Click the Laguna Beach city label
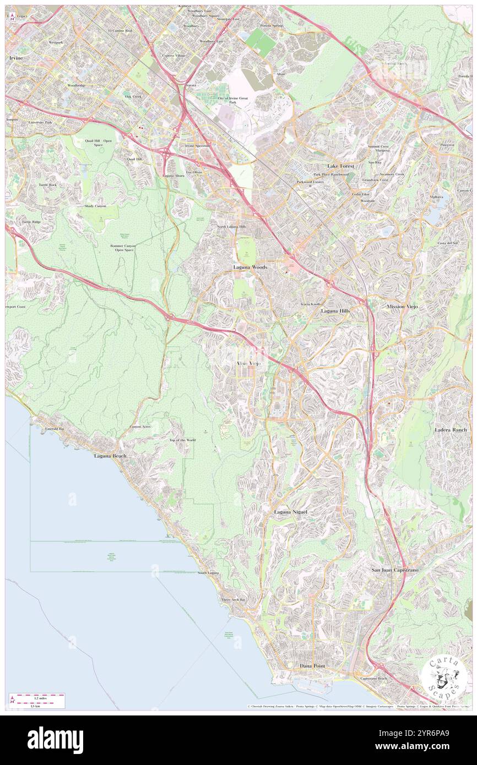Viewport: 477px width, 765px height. click(x=110, y=456)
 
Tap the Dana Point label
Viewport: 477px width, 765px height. click(x=312, y=666)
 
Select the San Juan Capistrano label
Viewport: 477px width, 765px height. click(x=394, y=570)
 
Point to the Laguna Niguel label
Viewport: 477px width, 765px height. click(x=291, y=512)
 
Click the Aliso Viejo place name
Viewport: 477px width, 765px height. click(x=248, y=364)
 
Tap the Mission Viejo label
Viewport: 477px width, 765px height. click(x=403, y=306)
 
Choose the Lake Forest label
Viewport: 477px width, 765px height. click(x=340, y=166)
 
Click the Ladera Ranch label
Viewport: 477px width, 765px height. click(x=451, y=429)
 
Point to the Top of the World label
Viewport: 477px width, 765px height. click(x=182, y=440)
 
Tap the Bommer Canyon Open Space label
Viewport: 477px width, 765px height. click(x=123, y=248)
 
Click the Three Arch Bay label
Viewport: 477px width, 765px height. click(x=233, y=600)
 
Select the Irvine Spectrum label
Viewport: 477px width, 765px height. click(x=198, y=145)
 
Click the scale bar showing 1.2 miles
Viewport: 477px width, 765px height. click(x=37, y=701)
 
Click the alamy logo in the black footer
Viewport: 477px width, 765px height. click(x=55, y=740)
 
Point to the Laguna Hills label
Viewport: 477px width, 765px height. click(x=335, y=311)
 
